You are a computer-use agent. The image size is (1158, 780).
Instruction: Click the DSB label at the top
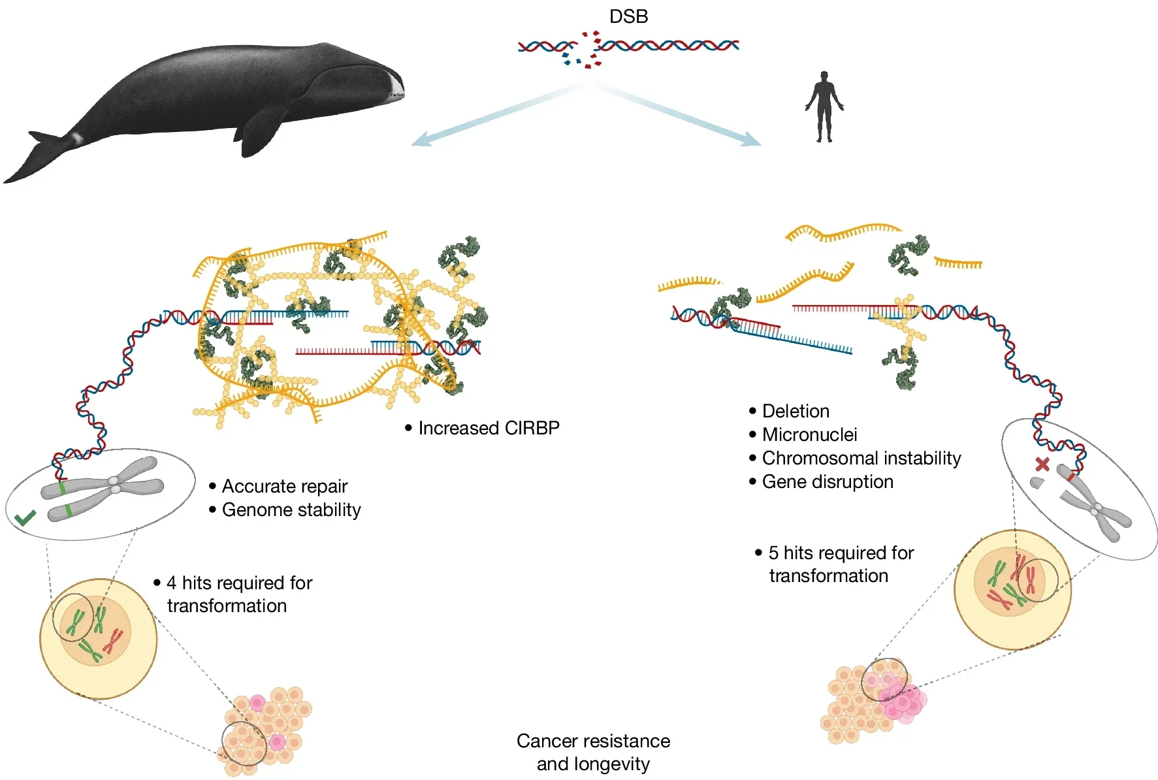[628, 16]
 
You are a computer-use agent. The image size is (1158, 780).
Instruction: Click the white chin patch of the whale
[397, 86]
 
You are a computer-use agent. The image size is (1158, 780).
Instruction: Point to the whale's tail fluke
[33, 157]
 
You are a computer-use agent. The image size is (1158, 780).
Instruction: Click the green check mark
[25, 519]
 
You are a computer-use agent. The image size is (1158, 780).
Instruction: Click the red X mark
[1042, 464]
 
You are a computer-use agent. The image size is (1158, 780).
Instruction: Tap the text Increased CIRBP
[489, 428]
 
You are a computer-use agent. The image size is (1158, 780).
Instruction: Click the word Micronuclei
[809, 434]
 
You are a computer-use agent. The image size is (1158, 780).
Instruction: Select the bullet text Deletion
[796, 411]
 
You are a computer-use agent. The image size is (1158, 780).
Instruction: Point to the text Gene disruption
[828, 481]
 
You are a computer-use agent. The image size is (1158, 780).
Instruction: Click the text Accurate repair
[284, 486]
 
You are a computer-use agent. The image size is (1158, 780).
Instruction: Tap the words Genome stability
[291, 510]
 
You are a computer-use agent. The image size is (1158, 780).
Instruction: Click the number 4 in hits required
[172, 583]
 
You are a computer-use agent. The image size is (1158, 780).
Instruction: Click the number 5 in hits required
[773, 553]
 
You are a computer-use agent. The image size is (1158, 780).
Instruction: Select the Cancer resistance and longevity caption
[593, 752]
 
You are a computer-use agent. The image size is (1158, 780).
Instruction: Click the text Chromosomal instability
[861, 458]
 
